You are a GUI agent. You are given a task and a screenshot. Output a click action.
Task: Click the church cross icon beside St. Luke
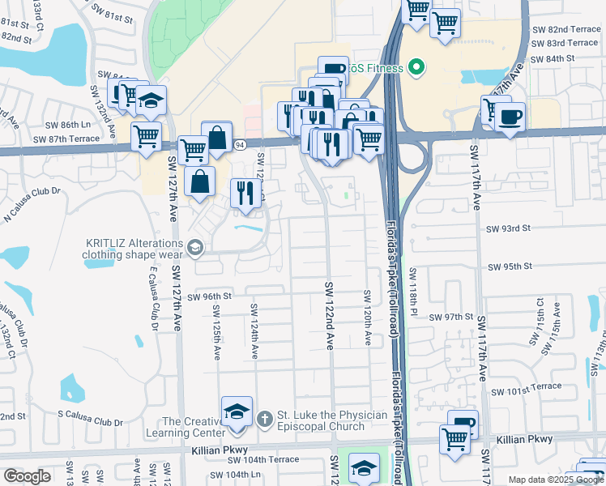(x=263, y=419)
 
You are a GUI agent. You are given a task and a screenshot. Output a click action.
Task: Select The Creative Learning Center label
(x=192, y=428)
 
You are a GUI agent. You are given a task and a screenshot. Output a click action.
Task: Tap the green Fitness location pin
(x=417, y=67)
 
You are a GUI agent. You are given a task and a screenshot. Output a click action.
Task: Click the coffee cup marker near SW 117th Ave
(x=509, y=117)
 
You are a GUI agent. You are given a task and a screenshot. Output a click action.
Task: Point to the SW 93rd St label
(x=508, y=228)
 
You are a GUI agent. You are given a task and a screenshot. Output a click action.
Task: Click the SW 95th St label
(x=509, y=266)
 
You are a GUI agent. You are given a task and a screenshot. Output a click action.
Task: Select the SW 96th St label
(x=209, y=296)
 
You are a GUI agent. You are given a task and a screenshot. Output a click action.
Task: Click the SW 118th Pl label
(x=412, y=292)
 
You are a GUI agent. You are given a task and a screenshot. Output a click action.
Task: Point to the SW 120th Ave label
(x=367, y=317)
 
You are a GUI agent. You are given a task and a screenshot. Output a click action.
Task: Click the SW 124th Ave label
(x=254, y=330)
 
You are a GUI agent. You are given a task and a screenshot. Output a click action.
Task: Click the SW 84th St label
(x=553, y=58)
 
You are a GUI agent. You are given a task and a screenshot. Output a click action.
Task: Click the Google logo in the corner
(x=27, y=476)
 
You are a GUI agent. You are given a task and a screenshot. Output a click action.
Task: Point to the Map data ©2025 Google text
(x=556, y=480)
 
